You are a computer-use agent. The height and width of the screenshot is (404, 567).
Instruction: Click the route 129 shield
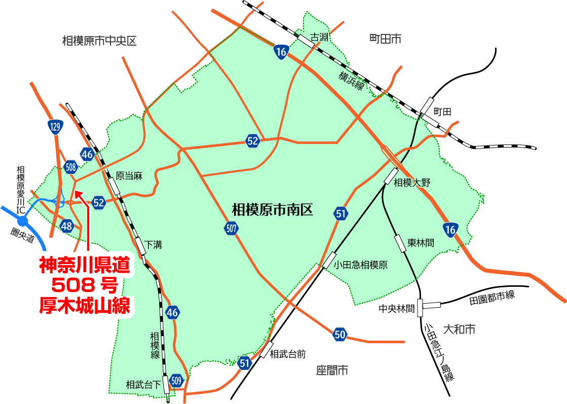[x=56, y=127]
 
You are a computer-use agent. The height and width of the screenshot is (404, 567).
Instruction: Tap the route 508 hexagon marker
[x=71, y=167]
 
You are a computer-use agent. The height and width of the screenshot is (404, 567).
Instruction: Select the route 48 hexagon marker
[x=66, y=226]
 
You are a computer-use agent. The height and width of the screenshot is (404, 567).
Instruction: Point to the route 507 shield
[x=231, y=228]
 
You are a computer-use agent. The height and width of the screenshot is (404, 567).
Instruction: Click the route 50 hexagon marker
[x=340, y=334]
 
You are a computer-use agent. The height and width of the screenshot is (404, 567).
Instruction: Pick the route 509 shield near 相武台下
[x=176, y=380]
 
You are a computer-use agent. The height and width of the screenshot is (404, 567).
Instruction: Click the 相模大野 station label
[x=412, y=183]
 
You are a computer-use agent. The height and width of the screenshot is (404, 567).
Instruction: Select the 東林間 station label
[x=421, y=243]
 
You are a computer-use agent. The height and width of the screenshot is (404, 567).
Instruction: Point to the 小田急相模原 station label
[x=361, y=265]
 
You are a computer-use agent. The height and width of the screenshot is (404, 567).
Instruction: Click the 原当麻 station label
[x=129, y=176]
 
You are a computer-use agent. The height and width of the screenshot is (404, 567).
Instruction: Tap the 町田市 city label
[x=385, y=39]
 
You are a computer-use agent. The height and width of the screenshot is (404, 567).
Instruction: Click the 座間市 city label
[x=332, y=371]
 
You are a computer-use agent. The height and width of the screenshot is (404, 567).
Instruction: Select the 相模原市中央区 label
[x=99, y=41]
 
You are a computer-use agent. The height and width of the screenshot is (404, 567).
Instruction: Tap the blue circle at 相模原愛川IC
[x=22, y=221]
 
